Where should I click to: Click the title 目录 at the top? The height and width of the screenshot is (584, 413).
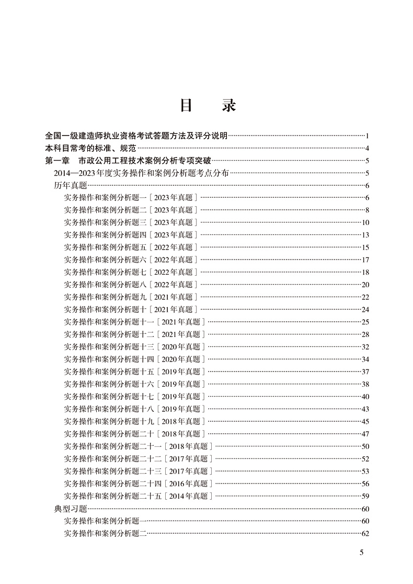click(x=208, y=105)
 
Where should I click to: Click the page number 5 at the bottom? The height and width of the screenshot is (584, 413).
click(x=362, y=553)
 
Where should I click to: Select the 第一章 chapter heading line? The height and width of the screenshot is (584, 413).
click(x=128, y=161)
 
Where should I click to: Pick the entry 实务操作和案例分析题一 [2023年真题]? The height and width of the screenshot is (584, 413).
click(x=131, y=198)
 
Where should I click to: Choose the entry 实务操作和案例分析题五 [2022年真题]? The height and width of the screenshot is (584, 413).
click(x=131, y=248)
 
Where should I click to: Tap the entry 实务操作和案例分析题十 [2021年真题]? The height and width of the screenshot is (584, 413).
click(x=131, y=309)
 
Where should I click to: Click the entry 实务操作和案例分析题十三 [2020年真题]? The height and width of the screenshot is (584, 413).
click(x=134, y=346)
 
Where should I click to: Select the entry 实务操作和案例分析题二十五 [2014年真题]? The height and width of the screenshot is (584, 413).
click(x=138, y=496)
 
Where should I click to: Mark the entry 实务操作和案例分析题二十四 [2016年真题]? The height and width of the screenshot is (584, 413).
click(x=138, y=484)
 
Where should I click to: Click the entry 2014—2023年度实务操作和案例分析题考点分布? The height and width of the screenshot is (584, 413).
click(x=141, y=173)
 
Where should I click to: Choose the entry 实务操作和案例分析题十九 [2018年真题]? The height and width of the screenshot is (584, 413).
click(x=134, y=421)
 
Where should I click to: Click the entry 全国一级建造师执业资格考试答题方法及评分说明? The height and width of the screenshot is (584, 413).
click(x=136, y=136)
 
